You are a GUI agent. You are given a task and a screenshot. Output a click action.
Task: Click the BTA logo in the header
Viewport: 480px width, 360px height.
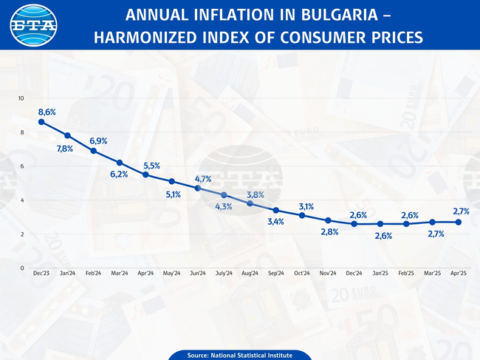click(x=32, y=25)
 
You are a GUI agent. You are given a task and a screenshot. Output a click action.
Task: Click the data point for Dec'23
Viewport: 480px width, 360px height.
click(x=41, y=122)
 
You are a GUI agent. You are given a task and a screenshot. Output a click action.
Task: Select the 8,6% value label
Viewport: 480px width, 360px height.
click(x=47, y=112)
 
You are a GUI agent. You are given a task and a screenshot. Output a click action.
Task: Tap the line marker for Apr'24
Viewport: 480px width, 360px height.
click(x=145, y=174)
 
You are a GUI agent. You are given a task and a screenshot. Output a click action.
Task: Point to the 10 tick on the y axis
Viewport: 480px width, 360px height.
click(x=21, y=98)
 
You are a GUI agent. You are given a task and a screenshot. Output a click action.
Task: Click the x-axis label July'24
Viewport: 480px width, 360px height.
click(x=224, y=274)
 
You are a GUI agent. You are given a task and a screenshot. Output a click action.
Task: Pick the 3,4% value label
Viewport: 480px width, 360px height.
click(x=275, y=222)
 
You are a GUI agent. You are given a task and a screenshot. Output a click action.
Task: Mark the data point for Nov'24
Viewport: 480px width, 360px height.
click(x=328, y=220)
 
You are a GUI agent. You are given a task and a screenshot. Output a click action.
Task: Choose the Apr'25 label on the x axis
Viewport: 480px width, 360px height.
click(x=458, y=274)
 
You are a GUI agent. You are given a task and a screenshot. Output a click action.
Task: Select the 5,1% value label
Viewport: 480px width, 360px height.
click(x=174, y=194)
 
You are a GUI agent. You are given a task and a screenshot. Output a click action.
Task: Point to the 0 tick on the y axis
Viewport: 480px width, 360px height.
click(x=22, y=268)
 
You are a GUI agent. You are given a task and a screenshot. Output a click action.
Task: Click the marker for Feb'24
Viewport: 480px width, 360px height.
click(x=94, y=151)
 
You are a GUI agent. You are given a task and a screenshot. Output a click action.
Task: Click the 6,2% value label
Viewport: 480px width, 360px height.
click(x=119, y=174)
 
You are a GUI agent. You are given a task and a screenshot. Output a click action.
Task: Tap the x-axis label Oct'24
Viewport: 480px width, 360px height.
click(x=302, y=274)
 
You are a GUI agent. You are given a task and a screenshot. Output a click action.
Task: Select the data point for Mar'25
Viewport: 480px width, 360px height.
click(x=432, y=222)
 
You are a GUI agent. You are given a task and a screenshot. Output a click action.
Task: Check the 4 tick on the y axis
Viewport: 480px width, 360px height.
click(x=22, y=200)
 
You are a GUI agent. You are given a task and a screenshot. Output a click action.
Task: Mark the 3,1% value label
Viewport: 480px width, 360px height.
click(x=306, y=206)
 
